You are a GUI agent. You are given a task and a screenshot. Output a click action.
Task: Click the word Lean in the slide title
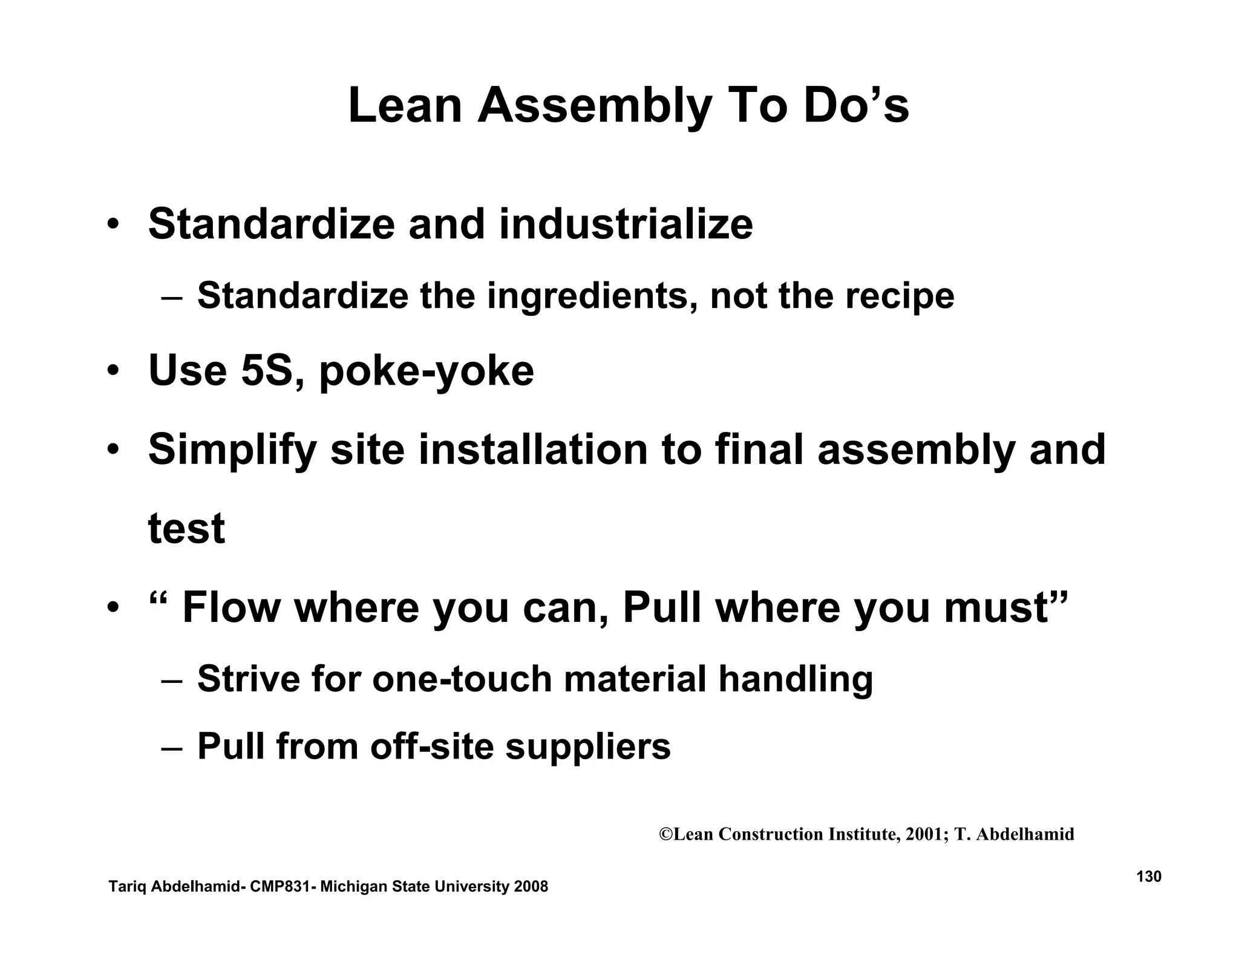pos(405,106)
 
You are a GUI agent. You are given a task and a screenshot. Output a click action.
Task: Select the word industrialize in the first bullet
pos(626,224)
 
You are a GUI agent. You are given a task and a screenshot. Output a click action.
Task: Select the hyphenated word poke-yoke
pos(426,371)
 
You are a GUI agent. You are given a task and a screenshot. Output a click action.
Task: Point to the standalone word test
pos(186,529)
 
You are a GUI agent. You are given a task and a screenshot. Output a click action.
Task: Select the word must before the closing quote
pos(996,609)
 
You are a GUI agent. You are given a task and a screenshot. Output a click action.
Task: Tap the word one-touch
pos(462,679)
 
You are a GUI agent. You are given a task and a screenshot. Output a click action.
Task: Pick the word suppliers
pos(587,746)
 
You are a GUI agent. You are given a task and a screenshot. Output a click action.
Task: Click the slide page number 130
pos(1148,877)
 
